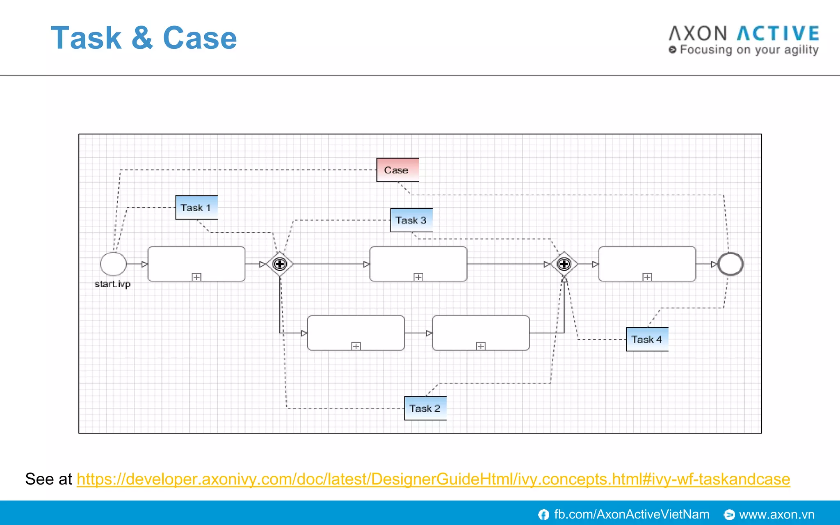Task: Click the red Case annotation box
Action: tap(397, 170)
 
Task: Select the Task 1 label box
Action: tap(196, 208)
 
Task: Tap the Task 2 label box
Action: tap(425, 408)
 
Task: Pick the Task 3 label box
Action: tap(411, 220)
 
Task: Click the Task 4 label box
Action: tap(647, 339)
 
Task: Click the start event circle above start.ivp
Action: tap(113, 264)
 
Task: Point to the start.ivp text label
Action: tap(113, 284)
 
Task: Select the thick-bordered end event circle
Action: tap(730, 264)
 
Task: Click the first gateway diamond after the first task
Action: tap(280, 264)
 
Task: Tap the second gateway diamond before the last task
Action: tap(564, 264)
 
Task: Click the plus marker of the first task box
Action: tap(196, 277)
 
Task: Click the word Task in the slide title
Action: tap(86, 38)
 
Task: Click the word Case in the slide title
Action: tap(200, 38)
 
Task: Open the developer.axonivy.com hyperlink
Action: tap(433, 479)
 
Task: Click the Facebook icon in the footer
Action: tap(543, 514)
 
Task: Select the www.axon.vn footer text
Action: tap(776, 514)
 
